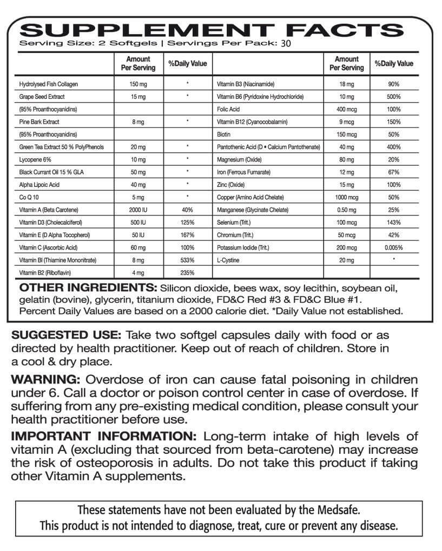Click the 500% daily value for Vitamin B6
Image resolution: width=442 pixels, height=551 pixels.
point(393,97)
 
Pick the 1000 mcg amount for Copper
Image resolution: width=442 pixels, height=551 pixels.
point(347,197)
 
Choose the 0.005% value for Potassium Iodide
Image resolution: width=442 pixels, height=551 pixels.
point(393,247)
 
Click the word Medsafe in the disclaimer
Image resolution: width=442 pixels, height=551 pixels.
point(338,509)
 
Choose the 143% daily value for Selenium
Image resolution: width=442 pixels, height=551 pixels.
point(393,223)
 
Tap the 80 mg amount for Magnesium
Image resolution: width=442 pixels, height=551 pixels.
point(347,159)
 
